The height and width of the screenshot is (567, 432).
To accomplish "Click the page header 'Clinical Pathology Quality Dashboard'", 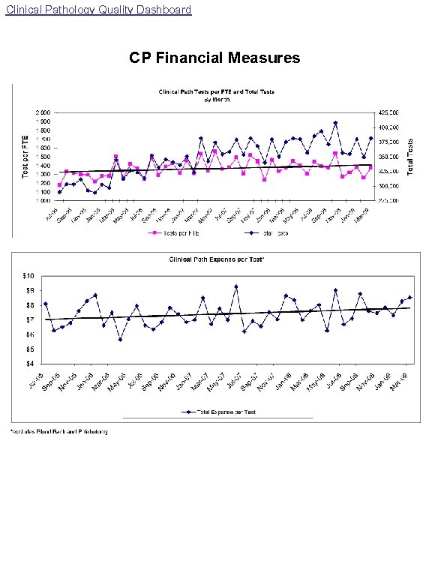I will click(x=97, y=10).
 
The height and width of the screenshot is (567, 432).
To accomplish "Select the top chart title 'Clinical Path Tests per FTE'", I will click(x=216, y=92).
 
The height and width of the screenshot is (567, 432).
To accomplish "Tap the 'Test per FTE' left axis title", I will click(x=25, y=156).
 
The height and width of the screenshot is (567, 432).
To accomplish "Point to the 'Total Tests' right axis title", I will click(x=411, y=156).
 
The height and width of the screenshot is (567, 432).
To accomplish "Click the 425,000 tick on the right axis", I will click(x=388, y=112).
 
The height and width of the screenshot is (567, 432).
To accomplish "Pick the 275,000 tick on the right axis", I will click(x=388, y=200).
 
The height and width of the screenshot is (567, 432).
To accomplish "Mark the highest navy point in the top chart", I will click(x=335, y=123).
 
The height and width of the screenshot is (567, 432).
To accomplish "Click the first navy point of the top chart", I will click(x=59, y=192).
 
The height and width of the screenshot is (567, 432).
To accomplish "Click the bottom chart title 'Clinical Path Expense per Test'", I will click(x=216, y=259).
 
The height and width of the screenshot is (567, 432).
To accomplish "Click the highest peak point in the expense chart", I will click(x=235, y=286).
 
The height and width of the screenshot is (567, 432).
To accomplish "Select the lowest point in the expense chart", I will click(x=120, y=340).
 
